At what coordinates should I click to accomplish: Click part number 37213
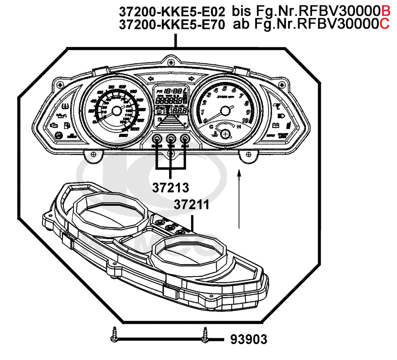pyautogui.click(x=170, y=187)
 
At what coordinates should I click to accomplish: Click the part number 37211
pyautogui.click(x=191, y=205)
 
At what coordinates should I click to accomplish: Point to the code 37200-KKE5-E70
pyautogui.click(x=172, y=25)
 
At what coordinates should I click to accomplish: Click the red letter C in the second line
pyautogui.click(x=385, y=25)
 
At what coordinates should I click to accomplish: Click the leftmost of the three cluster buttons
pyautogui.click(x=157, y=139)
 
